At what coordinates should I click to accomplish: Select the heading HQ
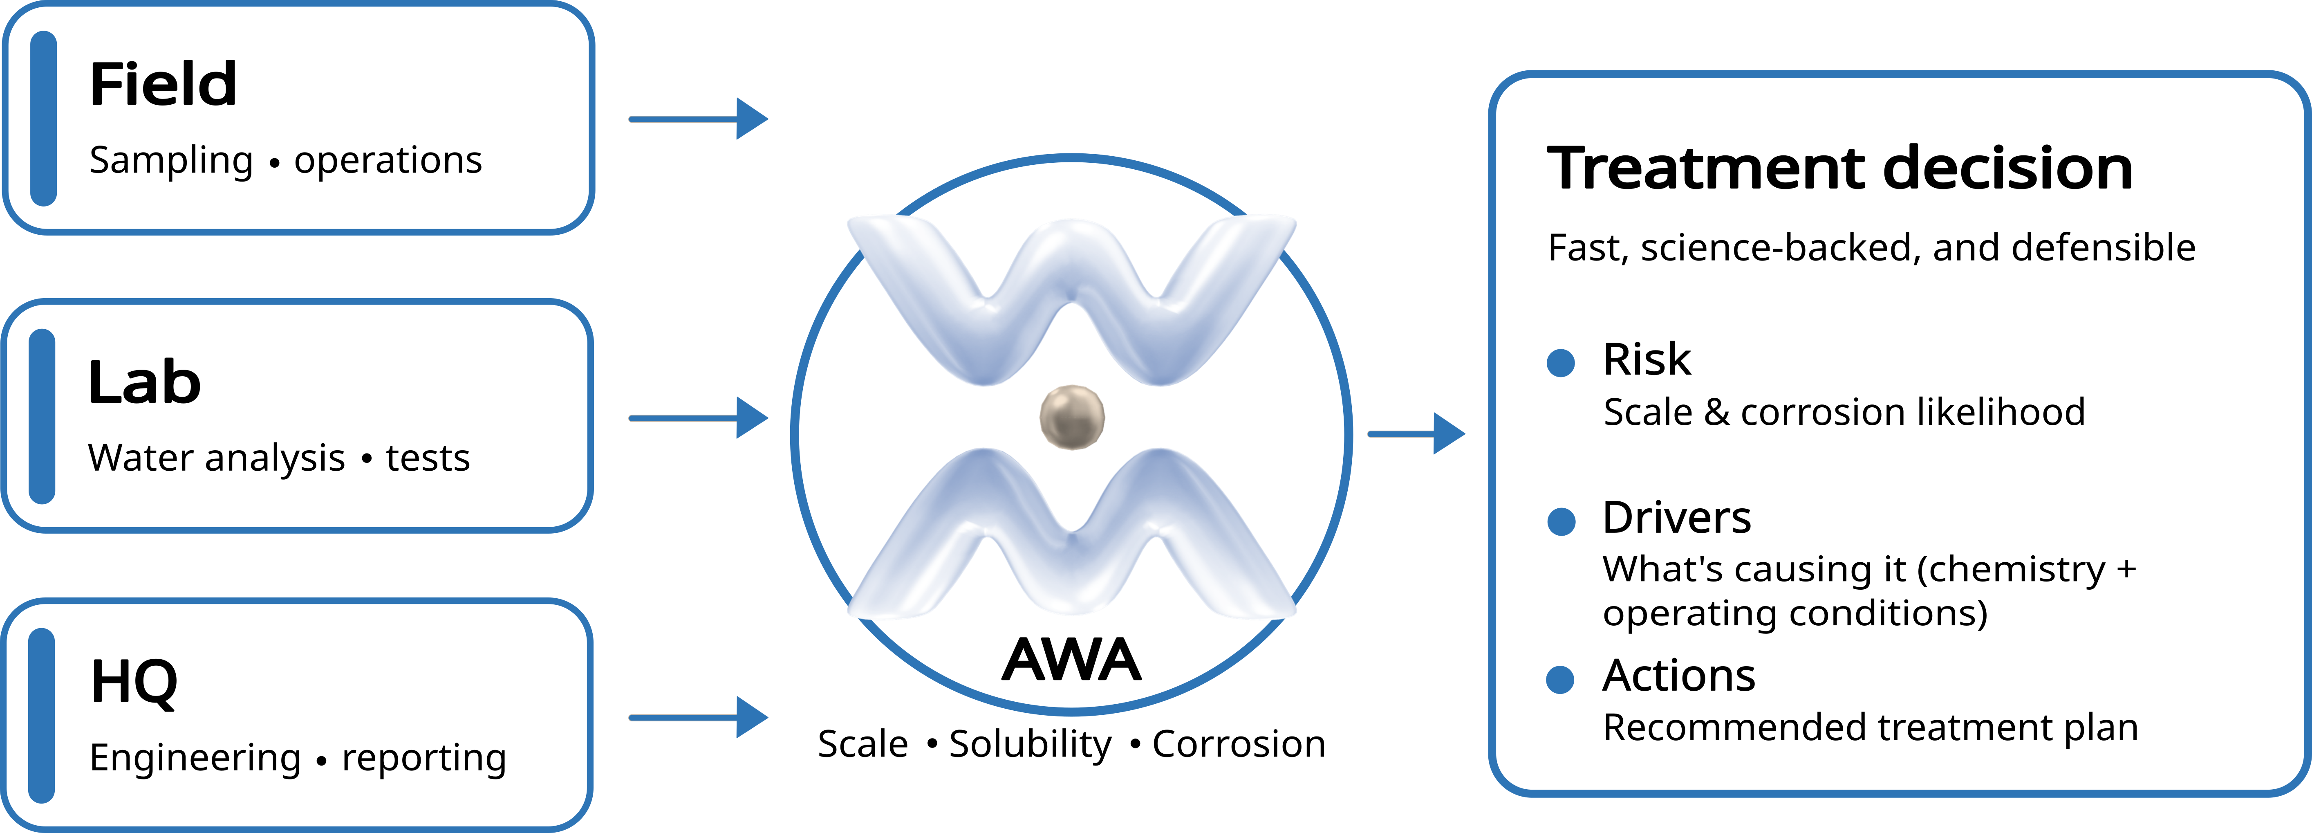pos(134,682)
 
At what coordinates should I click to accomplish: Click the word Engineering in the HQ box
pos(196,759)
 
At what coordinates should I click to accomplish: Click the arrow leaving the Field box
pos(698,119)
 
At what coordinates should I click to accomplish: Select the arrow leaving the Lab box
pos(698,418)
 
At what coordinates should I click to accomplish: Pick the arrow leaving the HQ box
pos(698,717)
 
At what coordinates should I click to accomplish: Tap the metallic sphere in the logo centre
pos(1072,418)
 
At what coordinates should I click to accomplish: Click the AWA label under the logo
pos(1072,660)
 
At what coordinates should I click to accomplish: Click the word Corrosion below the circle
pos(1239,744)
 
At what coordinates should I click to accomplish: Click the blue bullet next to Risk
pos(1561,363)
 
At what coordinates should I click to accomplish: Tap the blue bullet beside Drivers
pos(1561,521)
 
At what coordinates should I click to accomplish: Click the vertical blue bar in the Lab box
pos(42,416)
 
